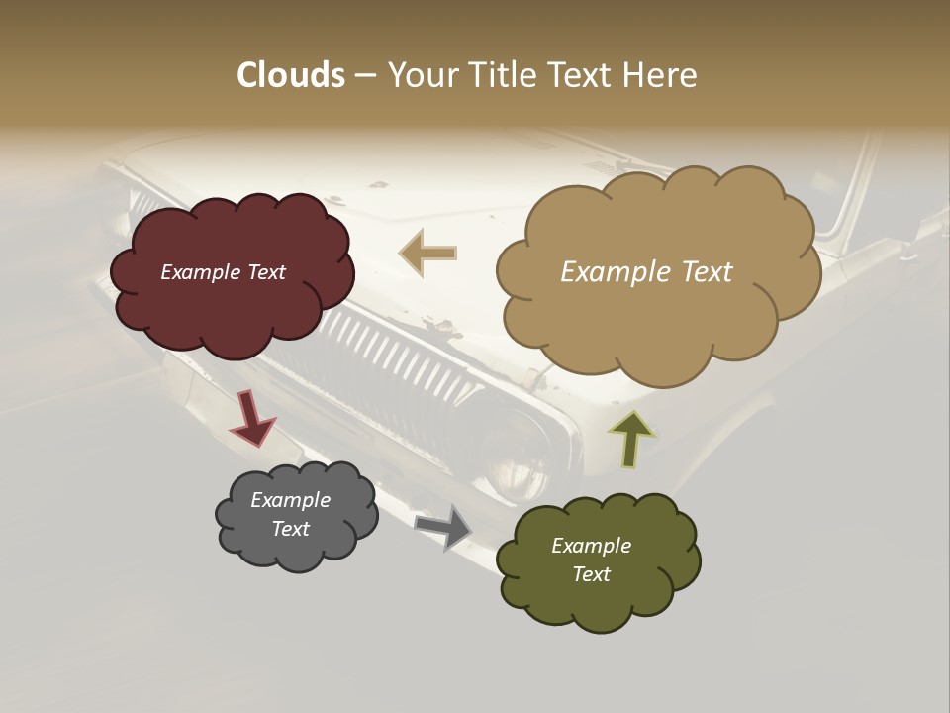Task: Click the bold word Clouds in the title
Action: (x=290, y=75)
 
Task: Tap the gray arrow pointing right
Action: (x=444, y=526)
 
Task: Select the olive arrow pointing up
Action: (x=631, y=439)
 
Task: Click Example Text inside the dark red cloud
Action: (x=223, y=272)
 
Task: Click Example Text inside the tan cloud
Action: (x=646, y=272)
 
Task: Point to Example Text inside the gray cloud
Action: (x=290, y=514)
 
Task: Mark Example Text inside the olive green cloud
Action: (x=591, y=560)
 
